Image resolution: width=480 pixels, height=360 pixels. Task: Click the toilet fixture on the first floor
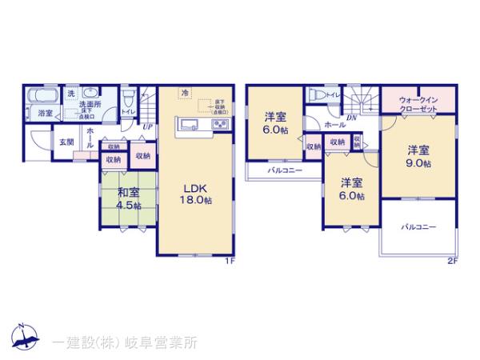pos(129,98)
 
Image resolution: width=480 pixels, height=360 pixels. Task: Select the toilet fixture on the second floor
pos(320,95)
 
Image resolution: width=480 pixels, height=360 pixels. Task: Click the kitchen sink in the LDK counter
pos(189,124)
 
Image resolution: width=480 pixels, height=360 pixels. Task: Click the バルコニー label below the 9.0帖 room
pos(418,227)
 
